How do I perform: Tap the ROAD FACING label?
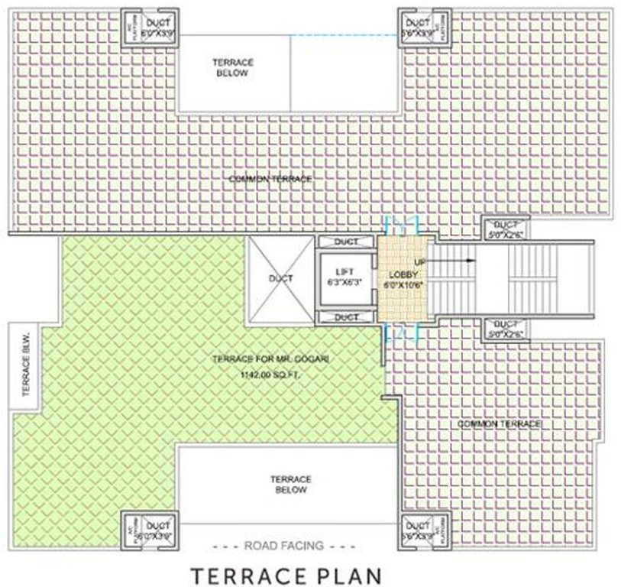[284, 546]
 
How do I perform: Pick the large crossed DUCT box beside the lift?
[280, 279]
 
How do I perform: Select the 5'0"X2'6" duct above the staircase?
[506, 229]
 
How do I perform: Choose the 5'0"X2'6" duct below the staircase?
[506, 328]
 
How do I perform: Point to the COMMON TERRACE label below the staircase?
[500, 423]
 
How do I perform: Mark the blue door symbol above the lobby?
[403, 225]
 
